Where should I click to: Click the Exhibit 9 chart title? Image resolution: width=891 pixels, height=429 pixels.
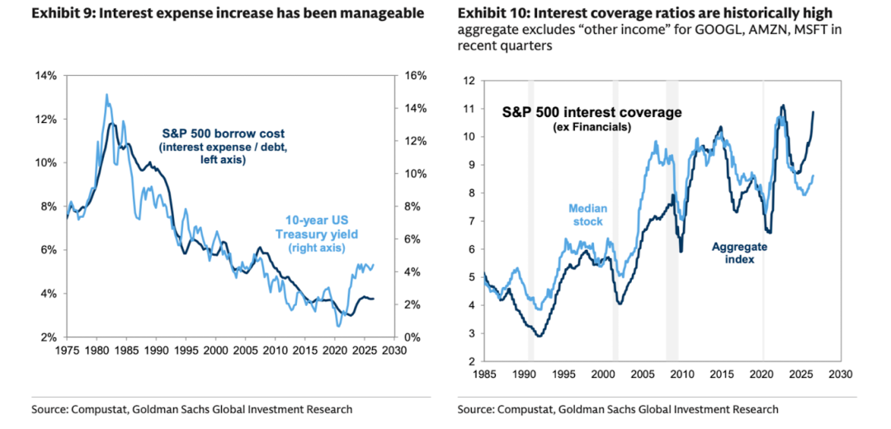tap(228, 13)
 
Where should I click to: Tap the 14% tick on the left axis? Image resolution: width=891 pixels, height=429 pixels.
tap(47, 76)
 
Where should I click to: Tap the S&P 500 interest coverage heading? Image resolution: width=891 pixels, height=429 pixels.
tap(592, 112)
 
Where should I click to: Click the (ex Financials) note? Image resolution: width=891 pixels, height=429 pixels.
tap(592, 128)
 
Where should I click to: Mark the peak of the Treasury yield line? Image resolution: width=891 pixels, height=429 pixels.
tap(106, 94)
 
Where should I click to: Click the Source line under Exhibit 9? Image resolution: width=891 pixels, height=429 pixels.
tap(192, 409)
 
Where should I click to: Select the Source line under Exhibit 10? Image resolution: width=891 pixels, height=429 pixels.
tap(618, 409)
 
